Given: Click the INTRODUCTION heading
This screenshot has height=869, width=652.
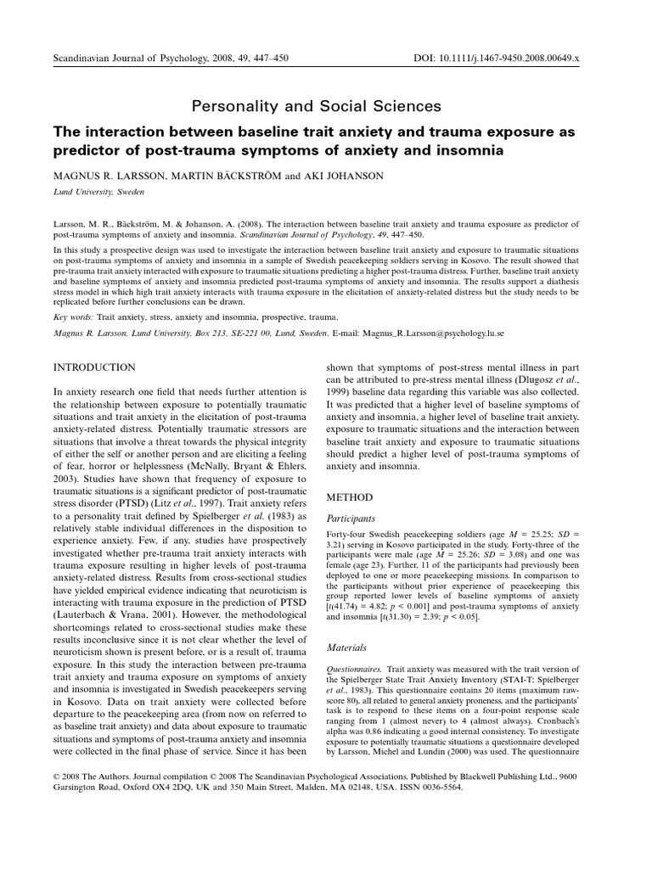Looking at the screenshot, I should [94, 367].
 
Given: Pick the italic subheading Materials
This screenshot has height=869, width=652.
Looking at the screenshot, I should [346, 648].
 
